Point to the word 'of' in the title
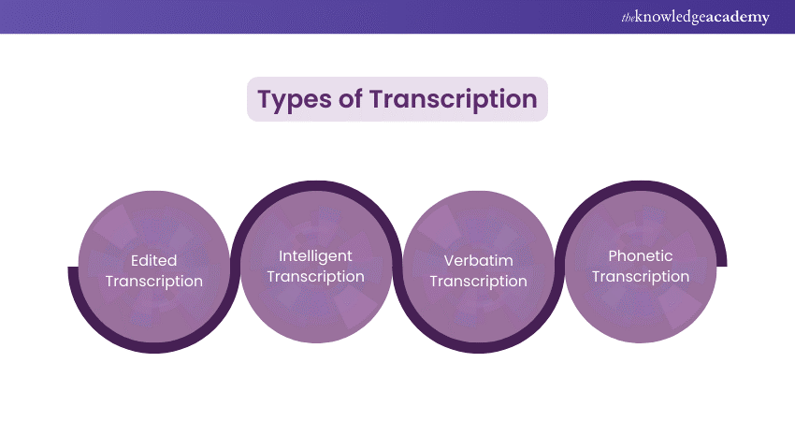click(351, 99)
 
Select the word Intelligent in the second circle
click(315, 255)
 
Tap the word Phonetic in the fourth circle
click(641, 255)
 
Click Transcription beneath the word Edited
click(153, 282)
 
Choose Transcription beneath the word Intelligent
click(315, 276)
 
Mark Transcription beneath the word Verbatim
click(478, 282)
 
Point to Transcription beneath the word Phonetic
click(641, 276)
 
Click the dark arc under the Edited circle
click(153, 348)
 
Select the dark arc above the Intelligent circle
click(315, 185)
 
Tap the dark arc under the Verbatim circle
click(478, 348)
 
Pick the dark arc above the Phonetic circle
click(641, 185)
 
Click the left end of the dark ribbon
click(72, 270)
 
